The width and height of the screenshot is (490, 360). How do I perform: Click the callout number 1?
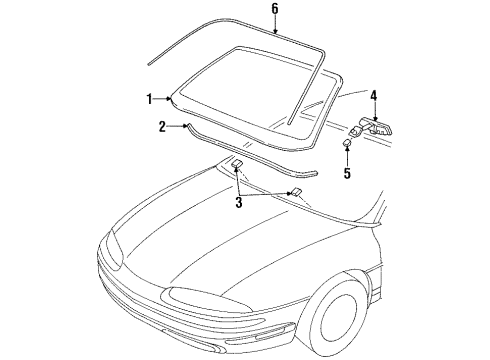[150, 98]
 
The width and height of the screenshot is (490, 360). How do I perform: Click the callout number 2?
[161, 126]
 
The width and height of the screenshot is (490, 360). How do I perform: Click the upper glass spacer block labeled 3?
[240, 165]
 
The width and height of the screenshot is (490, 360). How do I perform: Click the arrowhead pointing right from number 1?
[169, 98]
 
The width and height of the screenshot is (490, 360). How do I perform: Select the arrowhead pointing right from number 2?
[180, 127]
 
